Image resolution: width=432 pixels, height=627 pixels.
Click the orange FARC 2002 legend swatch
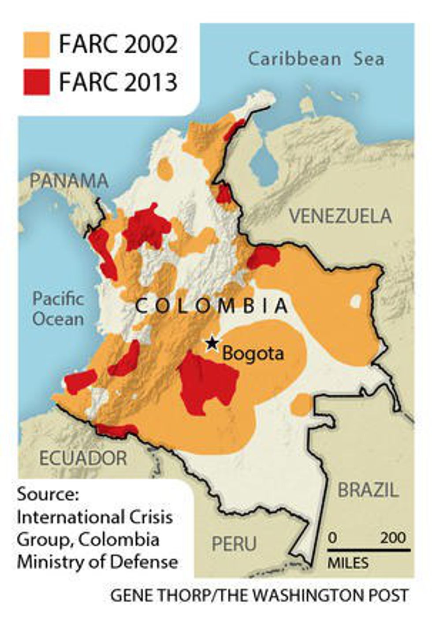tap(36, 45)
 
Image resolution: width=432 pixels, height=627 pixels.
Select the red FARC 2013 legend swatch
tap(36, 82)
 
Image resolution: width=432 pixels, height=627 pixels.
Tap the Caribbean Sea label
tap(316, 59)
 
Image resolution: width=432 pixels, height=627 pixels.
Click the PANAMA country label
tap(69, 181)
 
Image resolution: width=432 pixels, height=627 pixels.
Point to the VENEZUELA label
tap(340, 216)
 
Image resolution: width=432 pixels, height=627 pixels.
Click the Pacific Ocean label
tap(58, 308)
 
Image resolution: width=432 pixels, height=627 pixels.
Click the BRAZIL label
tap(368, 490)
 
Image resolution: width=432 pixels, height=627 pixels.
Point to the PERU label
tap(234, 544)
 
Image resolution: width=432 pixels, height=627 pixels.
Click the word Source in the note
tap(48, 493)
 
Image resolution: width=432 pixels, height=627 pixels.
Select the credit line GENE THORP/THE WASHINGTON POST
tap(259, 596)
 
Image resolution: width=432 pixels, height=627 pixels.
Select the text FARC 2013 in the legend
tap(118, 82)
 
